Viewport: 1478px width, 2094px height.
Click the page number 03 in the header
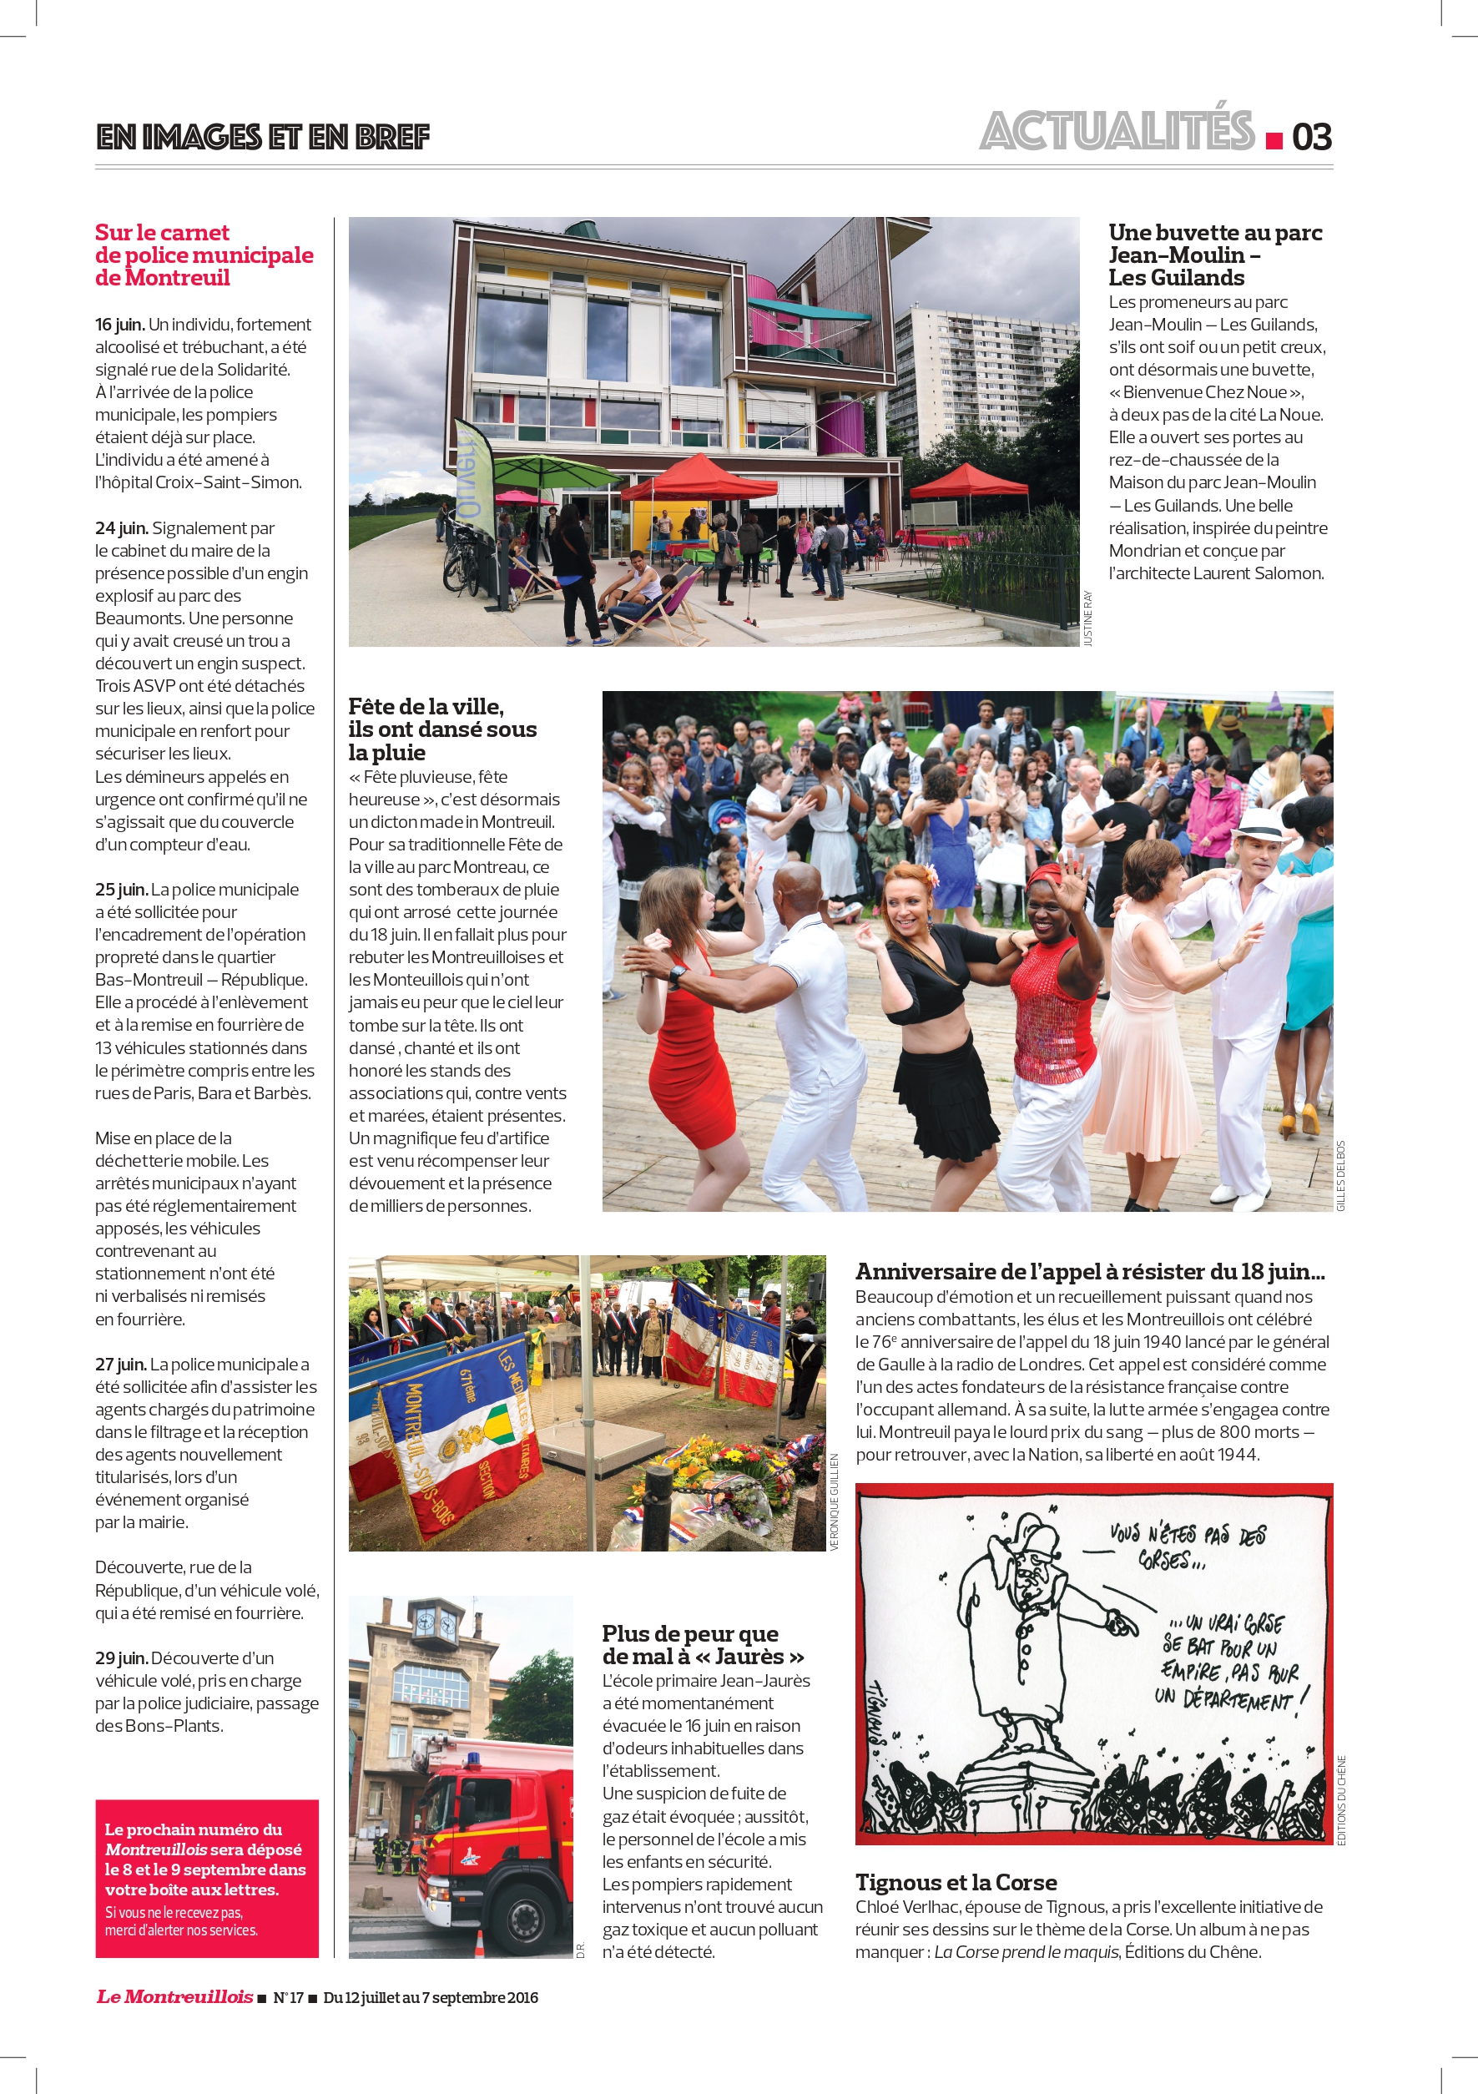[1311, 137]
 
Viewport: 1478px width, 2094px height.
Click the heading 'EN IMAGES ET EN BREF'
[263, 137]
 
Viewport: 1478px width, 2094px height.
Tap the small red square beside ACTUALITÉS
[1274, 140]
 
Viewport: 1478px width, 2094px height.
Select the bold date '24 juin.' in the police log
[121, 528]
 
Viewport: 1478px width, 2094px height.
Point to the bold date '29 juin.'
[120, 1658]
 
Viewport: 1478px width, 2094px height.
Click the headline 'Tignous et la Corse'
[956, 1881]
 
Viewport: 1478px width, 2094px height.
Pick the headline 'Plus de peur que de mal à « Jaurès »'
[702, 1644]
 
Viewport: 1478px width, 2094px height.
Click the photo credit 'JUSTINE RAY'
[1087, 618]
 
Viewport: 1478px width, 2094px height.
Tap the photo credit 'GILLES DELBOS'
[1340, 1176]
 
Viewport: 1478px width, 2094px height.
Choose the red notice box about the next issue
[207, 1879]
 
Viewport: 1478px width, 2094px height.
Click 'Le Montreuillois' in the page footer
[174, 1996]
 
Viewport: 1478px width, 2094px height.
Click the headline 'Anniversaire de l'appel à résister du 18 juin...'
[1090, 1271]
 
